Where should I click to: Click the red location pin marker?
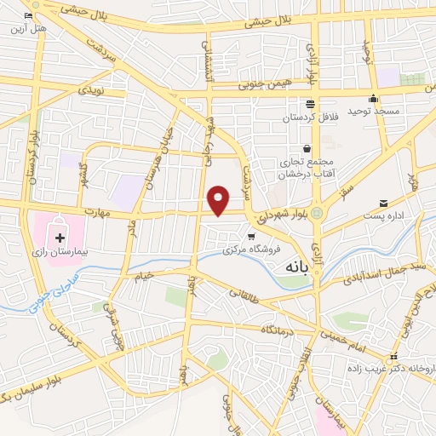219,200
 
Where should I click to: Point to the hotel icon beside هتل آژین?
29,16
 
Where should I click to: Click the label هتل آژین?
26,28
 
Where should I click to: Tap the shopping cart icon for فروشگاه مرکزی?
251,237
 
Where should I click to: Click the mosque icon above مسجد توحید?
374,98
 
